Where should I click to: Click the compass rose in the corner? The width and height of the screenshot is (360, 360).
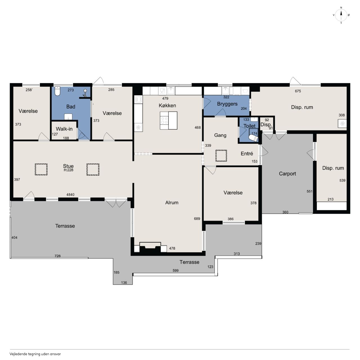[341, 15]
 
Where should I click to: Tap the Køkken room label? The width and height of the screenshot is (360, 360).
[167, 105]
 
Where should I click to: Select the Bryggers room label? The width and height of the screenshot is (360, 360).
[227, 104]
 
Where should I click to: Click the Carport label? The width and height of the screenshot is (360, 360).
[287, 174]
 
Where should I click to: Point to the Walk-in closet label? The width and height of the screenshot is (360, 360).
[64, 129]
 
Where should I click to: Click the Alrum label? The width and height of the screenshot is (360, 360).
[172, 202]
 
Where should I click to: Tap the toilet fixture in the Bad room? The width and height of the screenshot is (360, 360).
[57, 91]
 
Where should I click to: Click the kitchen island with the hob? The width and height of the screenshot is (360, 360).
[168, 120]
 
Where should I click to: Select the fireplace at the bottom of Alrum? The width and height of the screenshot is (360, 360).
[150, 247]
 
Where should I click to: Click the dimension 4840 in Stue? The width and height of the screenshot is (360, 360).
[70, 195]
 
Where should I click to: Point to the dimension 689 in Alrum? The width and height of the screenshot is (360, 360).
[197, 219]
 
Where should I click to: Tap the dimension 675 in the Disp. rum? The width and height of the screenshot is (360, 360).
[298, 91]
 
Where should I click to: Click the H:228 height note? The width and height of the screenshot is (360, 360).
[68, 170]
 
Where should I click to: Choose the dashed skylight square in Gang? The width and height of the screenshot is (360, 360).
[221, 156]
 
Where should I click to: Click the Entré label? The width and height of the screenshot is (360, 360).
[247, 154]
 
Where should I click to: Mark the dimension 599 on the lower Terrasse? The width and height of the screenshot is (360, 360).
[175, 270]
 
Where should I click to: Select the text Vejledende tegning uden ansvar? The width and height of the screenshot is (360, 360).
[35, 354]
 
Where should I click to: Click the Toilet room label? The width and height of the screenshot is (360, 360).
[249, 126]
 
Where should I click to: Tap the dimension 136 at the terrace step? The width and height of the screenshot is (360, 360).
[124, 283]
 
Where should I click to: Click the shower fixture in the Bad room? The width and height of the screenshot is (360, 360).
[85, 93]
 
